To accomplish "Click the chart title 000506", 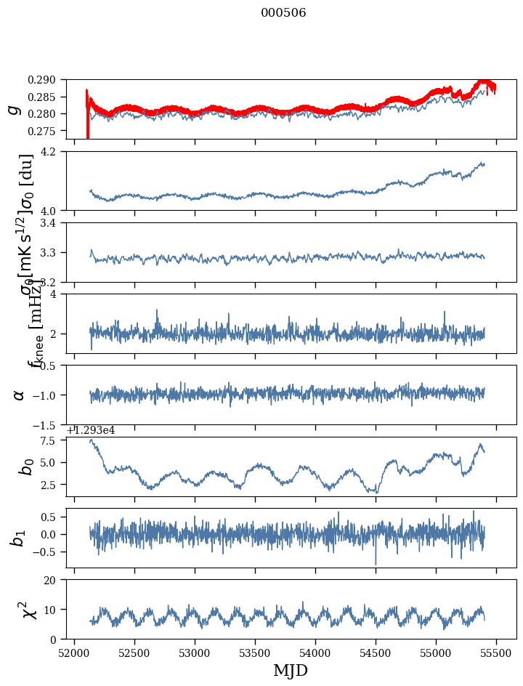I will click(x=283, y=13).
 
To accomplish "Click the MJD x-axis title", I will click(x=291, y=671).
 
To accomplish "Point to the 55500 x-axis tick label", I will click(x=497, y=653).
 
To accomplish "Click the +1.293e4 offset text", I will click(x=91, y=430).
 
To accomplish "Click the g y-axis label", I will click(x=13, y=109).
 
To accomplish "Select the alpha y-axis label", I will click(x=18, y=395).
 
